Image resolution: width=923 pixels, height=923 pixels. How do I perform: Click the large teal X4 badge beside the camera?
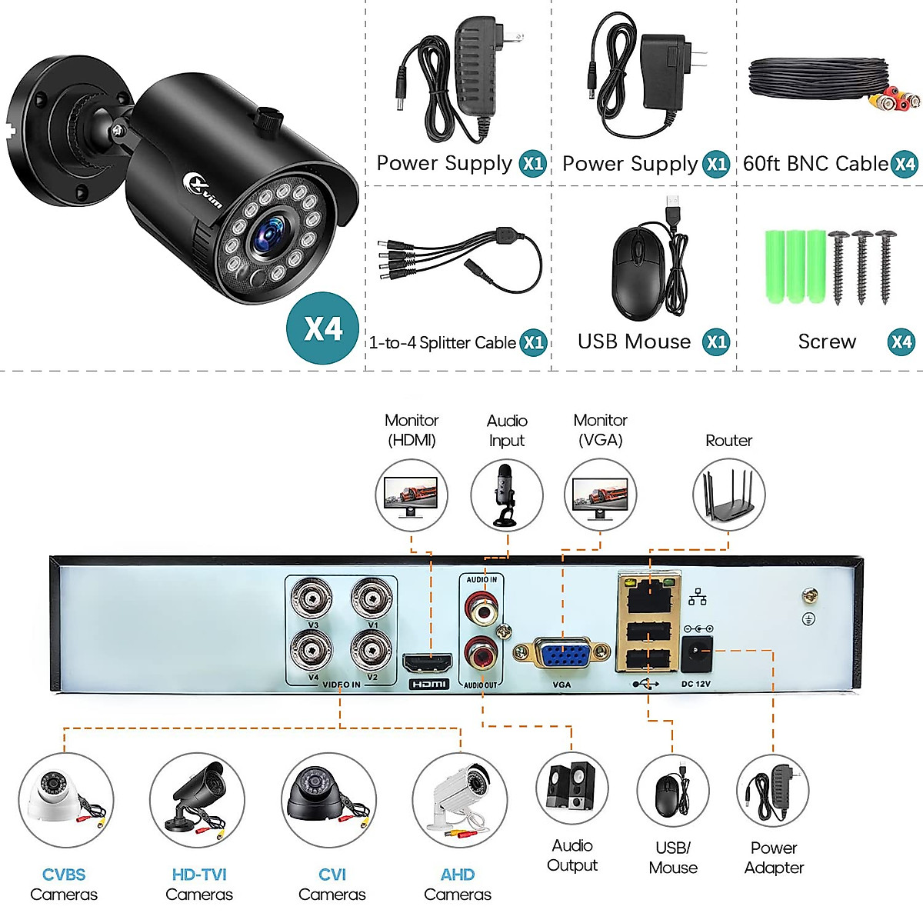(x=323, y=328)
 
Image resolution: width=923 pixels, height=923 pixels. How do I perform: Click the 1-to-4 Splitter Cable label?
(x=442, y=342)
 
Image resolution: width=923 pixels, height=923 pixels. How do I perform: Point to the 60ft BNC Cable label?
(x=815, y=164)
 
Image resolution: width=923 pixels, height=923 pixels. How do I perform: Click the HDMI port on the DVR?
(x=428, y=662)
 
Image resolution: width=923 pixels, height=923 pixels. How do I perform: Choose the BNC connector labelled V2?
(x=372, y=651)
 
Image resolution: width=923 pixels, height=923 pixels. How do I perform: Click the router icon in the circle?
(x=728, y=495)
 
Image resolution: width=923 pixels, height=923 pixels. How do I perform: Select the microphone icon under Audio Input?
(x=506, y=495)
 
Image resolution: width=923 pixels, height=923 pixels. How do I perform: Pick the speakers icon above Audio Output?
(x=571, y=788)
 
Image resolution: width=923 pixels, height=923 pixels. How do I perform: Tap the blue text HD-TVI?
(x=199, y=875)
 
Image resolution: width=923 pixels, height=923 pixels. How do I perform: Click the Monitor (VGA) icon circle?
(x=600, y=495)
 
